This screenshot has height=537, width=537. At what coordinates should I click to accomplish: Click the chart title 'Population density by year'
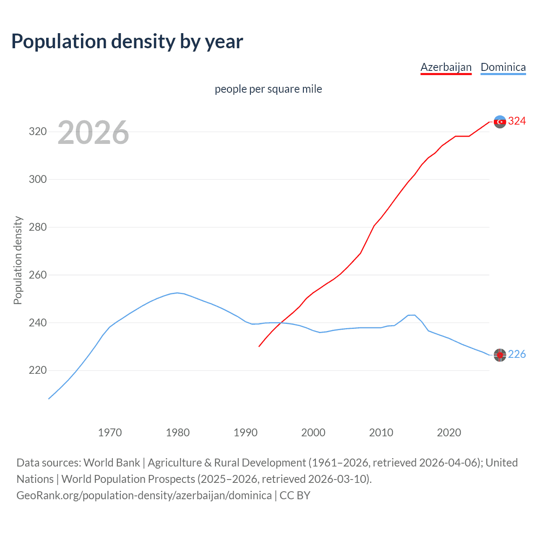127,42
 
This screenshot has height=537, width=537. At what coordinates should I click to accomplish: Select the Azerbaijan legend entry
446,67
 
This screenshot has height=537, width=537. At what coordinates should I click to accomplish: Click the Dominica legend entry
503,67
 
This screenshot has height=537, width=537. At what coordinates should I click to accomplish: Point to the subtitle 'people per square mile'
268,89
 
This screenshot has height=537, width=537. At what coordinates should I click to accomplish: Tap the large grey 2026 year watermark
93,133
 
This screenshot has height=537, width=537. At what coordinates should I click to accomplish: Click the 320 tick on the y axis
37,132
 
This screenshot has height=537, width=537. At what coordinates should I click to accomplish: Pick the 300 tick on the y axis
37,180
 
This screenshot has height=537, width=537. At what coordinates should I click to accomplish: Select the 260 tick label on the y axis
37,275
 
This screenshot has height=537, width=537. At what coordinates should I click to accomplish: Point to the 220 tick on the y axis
37,370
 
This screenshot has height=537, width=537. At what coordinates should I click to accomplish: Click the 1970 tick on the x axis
110,433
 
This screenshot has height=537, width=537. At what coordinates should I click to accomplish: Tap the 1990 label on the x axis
245,433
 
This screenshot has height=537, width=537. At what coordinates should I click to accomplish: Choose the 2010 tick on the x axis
381,433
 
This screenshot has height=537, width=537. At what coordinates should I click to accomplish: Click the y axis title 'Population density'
18,260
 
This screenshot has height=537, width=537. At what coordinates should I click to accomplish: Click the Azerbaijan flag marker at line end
500,122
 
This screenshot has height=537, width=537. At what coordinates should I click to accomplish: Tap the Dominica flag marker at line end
500,355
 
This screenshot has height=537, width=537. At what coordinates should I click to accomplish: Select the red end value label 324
517,121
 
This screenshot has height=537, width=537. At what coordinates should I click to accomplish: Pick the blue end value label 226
517,355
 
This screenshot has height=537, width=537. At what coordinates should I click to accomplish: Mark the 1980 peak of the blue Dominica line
177,293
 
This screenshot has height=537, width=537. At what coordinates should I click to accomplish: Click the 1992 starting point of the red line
259,346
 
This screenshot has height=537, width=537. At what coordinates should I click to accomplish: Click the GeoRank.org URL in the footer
144,495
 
